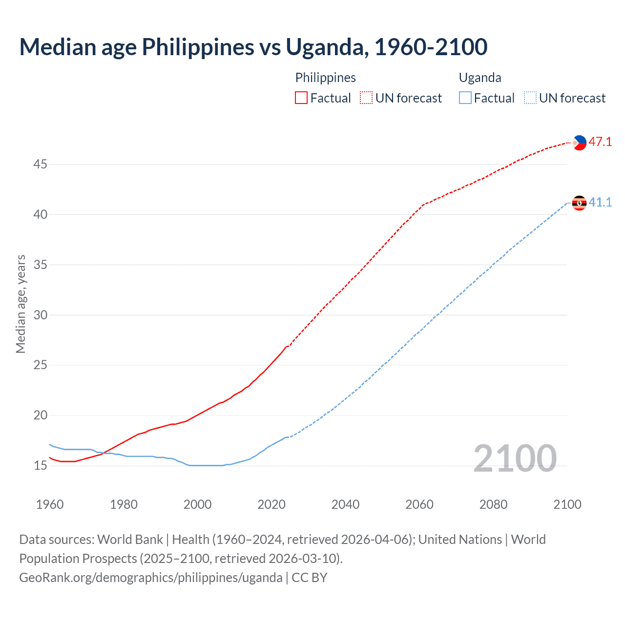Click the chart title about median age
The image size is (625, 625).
click(253, 47)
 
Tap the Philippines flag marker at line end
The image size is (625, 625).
click(579, 143)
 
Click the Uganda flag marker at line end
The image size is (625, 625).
click(579, 203)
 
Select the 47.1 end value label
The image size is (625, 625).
click(600, 142)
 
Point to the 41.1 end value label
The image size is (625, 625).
click(600, 202)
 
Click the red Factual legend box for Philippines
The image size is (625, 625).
click(301, 98)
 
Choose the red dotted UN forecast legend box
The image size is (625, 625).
click(366, 98)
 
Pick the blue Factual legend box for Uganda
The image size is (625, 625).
click(465, 98)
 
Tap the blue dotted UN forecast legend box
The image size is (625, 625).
click(530, 98)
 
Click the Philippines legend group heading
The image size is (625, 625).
click(325, 78)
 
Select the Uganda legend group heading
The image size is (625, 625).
click(480, 78)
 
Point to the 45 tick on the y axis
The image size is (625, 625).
click(40, 165)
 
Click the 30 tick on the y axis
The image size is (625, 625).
click(40, 315)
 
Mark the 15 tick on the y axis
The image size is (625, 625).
click(40, 466)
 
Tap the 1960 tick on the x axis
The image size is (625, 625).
click(50, 504)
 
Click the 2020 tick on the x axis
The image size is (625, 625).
click(271, 504)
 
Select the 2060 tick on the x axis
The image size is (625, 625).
click(419, 504)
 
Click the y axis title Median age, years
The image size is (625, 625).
click(21, 304)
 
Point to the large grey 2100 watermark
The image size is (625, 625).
click(515, 458)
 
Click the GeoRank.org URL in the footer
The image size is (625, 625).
click(150, 578)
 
